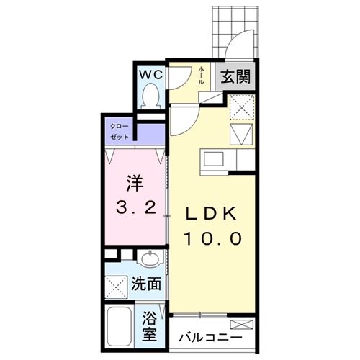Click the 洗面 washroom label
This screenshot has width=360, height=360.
coord(147,284)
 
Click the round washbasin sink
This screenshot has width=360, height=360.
coord(150,258)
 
